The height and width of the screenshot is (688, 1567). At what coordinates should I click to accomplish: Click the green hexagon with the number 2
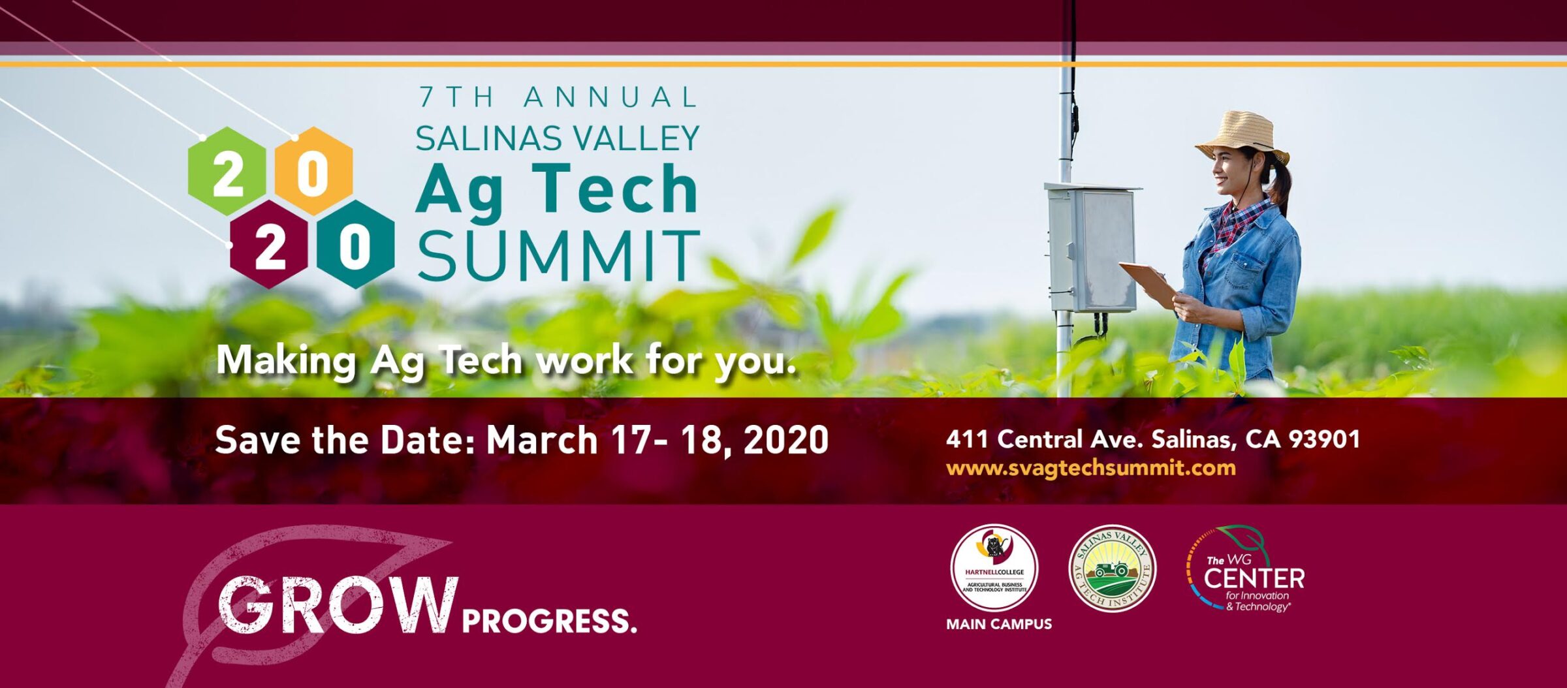click(227, 172)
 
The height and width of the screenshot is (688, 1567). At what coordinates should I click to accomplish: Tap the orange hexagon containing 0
click(313, 172)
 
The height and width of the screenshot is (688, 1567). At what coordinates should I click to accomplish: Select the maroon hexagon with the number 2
click(269, 245)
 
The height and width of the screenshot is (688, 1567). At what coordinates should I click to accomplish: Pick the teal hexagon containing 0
click(355, 245)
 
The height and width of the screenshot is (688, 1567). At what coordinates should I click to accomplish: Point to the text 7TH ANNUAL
click(558, 98)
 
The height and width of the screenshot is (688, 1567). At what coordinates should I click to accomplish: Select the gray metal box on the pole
click(1092, 248)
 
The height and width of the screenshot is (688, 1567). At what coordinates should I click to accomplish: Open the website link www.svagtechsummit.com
click(1090, 468)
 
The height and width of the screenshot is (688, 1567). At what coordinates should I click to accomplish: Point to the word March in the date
click(542, 440)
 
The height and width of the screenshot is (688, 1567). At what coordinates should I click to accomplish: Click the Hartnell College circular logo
click(994, 567)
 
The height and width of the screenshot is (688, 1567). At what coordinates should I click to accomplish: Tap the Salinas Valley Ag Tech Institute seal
click(1112, 568)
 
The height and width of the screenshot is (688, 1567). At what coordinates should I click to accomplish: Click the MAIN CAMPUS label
click(998, 624)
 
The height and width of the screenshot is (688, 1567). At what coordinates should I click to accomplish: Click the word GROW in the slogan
click(336, 605)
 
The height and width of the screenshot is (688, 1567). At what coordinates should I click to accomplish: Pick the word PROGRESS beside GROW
click(548, 621)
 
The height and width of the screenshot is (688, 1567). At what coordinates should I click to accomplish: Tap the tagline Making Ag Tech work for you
click(506, 360)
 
